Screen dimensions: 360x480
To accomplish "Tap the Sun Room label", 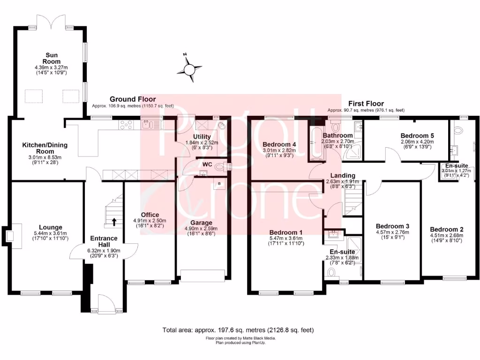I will (52, 58).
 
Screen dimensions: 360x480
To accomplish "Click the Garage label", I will (201, 223).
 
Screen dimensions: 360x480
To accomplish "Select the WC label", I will (208, 165).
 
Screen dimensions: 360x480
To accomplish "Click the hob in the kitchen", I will (127, 124).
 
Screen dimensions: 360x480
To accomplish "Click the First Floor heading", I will (366, 104).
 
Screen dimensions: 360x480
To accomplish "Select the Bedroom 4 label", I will (279, 144).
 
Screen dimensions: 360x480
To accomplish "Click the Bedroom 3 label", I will (393, 225).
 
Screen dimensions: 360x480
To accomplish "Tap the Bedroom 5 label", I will (418, 135).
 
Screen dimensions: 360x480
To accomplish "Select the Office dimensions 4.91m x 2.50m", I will (150, 221).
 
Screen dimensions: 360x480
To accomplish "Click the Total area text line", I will (238, 330).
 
